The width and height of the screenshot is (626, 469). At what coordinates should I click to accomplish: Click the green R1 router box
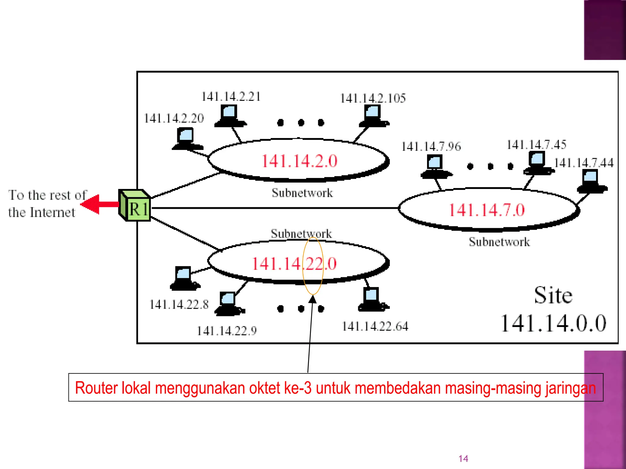(x=135, y=205)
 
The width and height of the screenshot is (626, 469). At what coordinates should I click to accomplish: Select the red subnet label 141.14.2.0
(x=299, y=161)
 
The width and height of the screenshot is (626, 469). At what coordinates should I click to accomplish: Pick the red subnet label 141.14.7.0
(x=487, y=210)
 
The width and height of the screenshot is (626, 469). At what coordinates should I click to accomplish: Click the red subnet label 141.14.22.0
(x=294, y=264)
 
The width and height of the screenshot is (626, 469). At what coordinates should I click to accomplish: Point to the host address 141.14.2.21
(x=231, y=97)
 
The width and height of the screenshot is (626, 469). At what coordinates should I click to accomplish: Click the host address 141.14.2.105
(x=373, y=98)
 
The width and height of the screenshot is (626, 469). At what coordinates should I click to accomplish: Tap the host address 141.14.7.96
(x=431, y=147)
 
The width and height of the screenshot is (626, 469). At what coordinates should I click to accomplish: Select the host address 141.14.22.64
(x=375, y=326)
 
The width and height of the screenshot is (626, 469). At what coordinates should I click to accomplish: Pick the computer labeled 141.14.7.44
(x=591, y=181)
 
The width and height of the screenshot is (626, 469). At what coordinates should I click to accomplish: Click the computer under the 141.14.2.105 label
(x=374, y=115)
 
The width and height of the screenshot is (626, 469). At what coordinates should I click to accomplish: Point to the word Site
(x=553, y=295)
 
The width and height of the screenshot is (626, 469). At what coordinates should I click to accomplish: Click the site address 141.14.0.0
(x=553, y=323)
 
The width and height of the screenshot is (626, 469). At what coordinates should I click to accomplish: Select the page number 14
(x=463, y=458)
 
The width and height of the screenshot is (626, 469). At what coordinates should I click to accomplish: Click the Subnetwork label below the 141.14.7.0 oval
(x=499, y=242)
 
